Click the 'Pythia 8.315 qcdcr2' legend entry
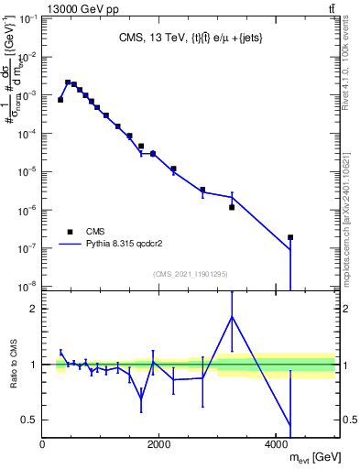pyautogui.click(x=127, y=245)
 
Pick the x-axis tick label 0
pyautogui.click(x=43, y=444)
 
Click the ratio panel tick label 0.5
pyautogui.click(x=30, y=420)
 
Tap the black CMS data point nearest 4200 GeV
pyautogui.click(x=289, y=237)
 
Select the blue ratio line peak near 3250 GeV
pyautogui.click(x=232, y=316)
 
